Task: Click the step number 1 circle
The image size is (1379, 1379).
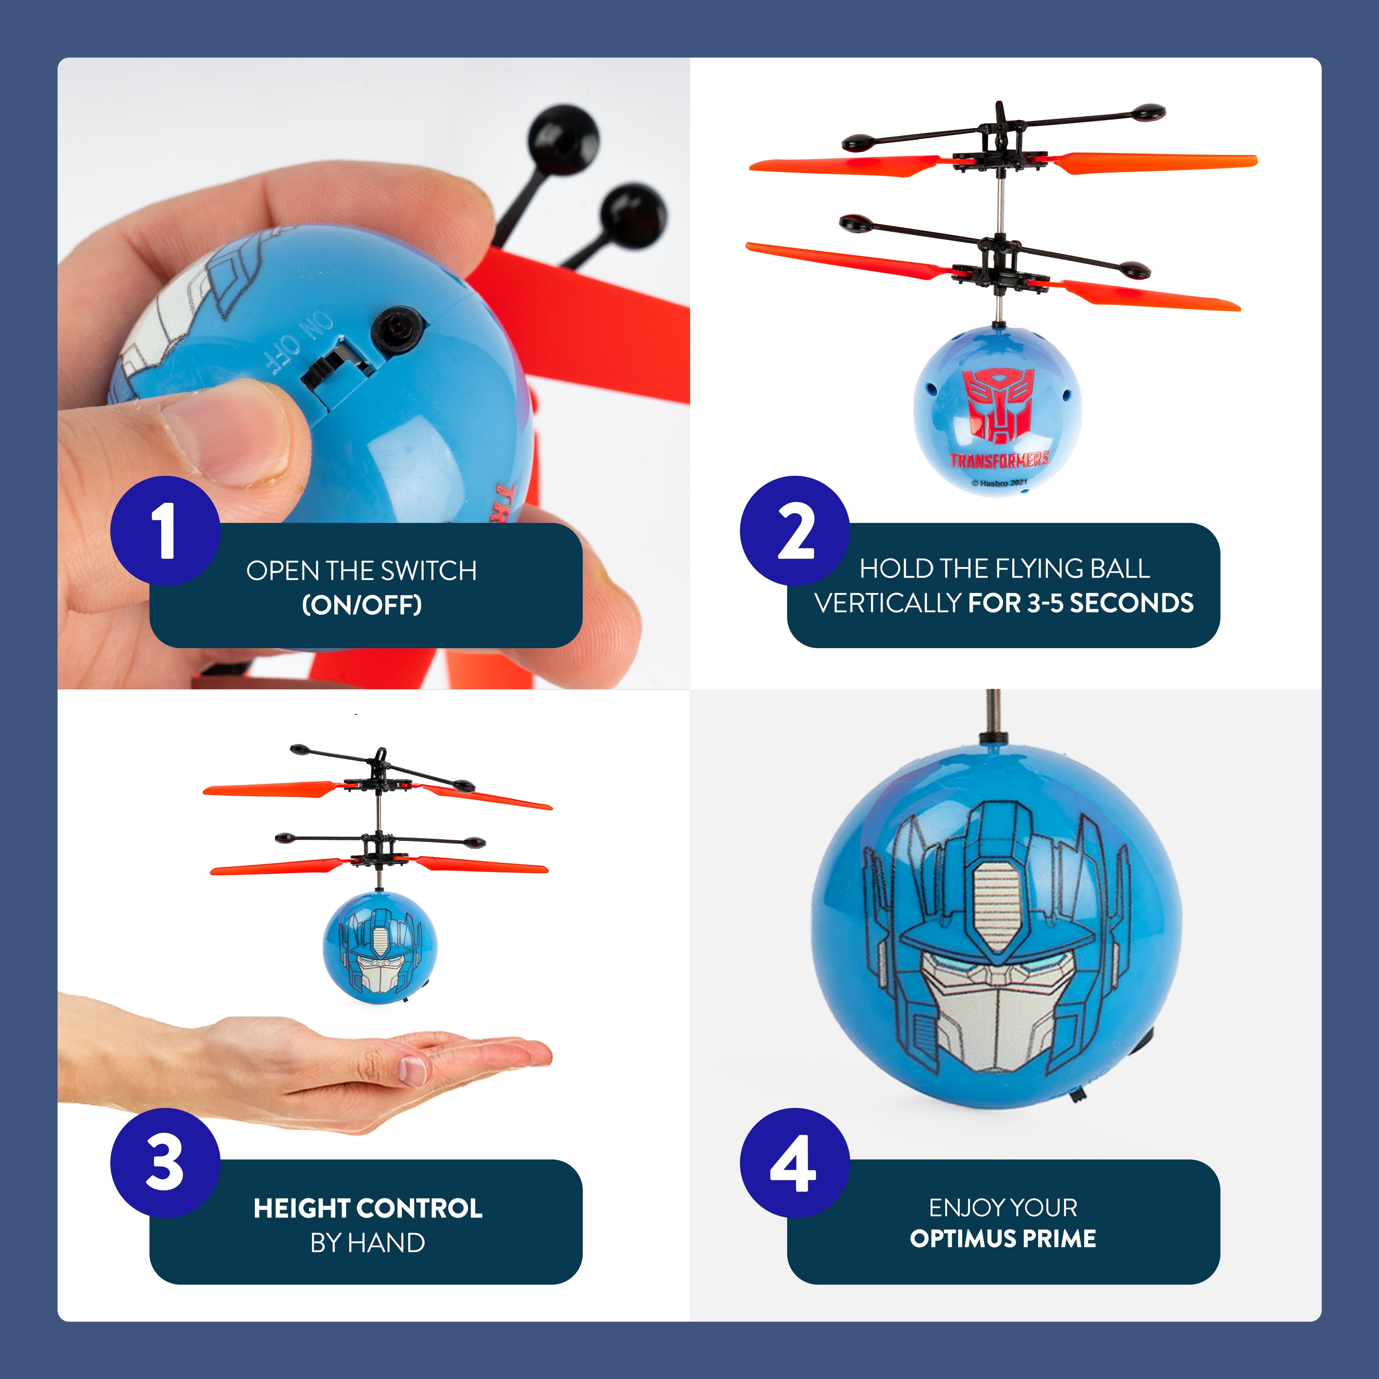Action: [x=165, y=531]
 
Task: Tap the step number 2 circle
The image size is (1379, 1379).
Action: [x=794, y=531]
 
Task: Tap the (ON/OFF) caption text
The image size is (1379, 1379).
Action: [x=362, y=605]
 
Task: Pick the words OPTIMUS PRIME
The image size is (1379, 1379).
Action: [x=1003, y=1238]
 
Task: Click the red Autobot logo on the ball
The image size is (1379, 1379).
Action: [x=997, y=404]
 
